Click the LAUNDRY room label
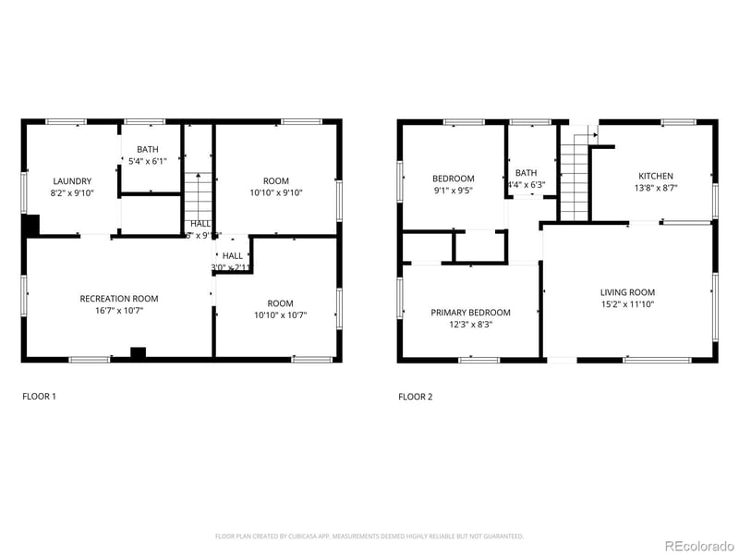tap(72, 180)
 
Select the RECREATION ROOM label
tap(118, 299)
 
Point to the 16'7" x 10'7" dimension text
tap(118, 312)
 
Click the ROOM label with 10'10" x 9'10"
tap(276, 180)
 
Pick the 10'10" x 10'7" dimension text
tap(280, 315)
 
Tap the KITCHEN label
tap(656, 176)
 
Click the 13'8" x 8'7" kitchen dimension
tap(656, 188)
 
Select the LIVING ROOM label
tap(627, 292)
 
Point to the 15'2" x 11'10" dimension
tap(627, 304)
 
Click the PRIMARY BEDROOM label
tap(470, 313)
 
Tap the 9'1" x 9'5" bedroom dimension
tap(453, 191)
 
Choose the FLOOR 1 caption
tap(39, 397)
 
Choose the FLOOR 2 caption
tap(415, 397)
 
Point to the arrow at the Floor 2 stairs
tap(592, 135)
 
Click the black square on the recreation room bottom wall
tap(138, 351)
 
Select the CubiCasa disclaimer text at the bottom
tap(369, 536)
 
